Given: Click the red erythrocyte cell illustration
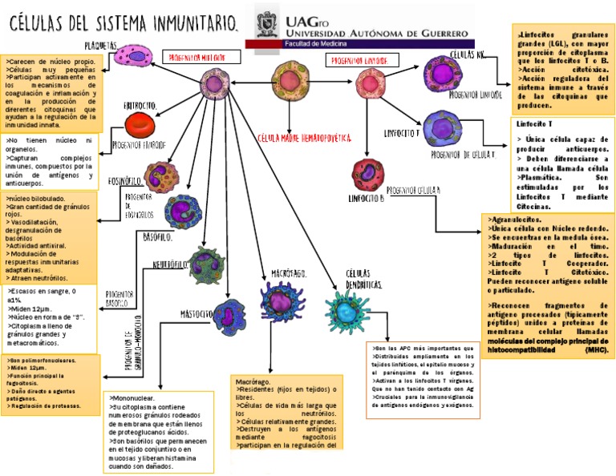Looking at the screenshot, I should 145,126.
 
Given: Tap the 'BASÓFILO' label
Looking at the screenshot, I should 157,238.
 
